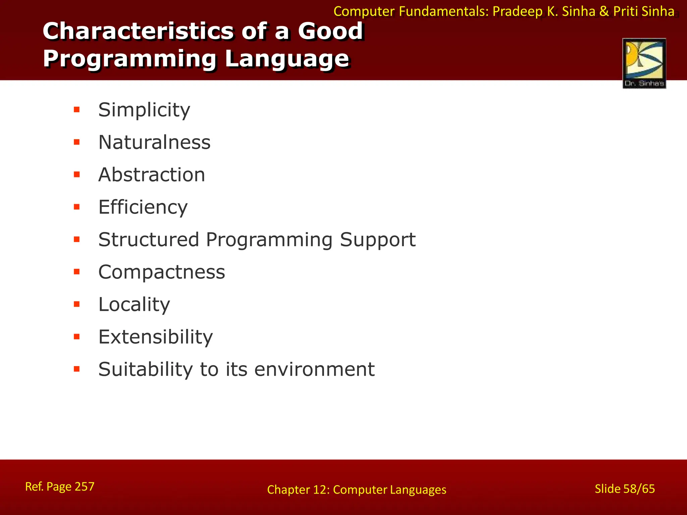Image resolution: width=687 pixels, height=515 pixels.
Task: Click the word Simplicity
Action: (144, 110)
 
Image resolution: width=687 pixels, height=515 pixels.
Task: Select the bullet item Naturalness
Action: (154, 142)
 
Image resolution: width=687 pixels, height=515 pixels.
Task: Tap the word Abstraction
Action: (152, 175)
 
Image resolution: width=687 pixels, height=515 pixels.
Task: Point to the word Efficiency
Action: (143, 207)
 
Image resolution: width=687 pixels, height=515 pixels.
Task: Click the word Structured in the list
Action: (149, 239)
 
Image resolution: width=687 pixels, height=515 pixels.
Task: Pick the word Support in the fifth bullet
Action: (377, 240)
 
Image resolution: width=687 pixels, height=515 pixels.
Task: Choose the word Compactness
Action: (161, 272)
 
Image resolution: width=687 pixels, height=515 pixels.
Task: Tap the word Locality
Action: (134, 304)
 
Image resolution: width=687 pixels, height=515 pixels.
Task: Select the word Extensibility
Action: (155, 337)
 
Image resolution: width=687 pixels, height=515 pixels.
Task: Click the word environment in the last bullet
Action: (314, 369)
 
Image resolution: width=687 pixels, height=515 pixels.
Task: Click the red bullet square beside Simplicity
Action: (77, 109)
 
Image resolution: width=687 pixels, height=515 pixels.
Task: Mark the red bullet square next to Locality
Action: (77, 304)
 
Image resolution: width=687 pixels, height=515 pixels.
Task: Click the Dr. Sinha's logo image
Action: (644, 63)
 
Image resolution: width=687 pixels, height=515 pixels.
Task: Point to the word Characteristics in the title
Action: (138, 31)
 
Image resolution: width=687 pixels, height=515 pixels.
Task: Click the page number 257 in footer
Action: (85, 486)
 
